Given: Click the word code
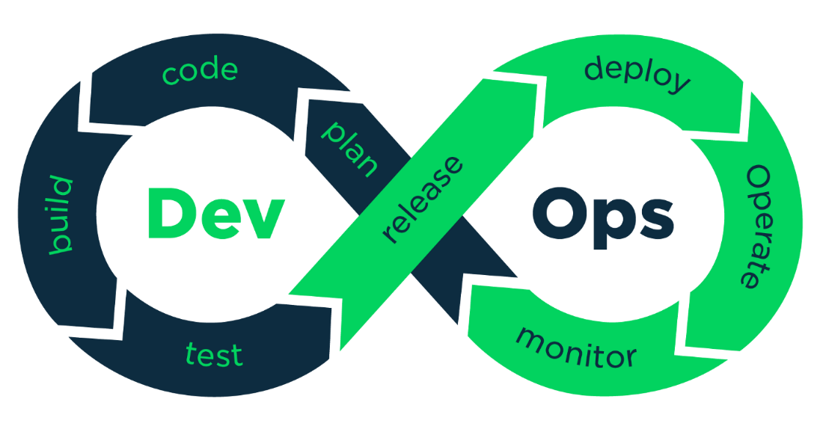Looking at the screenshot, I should pyautogui.click(x=200, y=72).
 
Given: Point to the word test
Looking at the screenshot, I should pyautogui.click(x=214, y=354).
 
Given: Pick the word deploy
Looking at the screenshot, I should pyautogui.click(x=637, y=75).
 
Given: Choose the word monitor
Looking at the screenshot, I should pyautogui.click(x=577, y=348).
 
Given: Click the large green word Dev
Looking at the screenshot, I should pyautogui.click(x=215, y=214).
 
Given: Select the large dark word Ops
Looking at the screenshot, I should pyautogui.click(x=602, y=215).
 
